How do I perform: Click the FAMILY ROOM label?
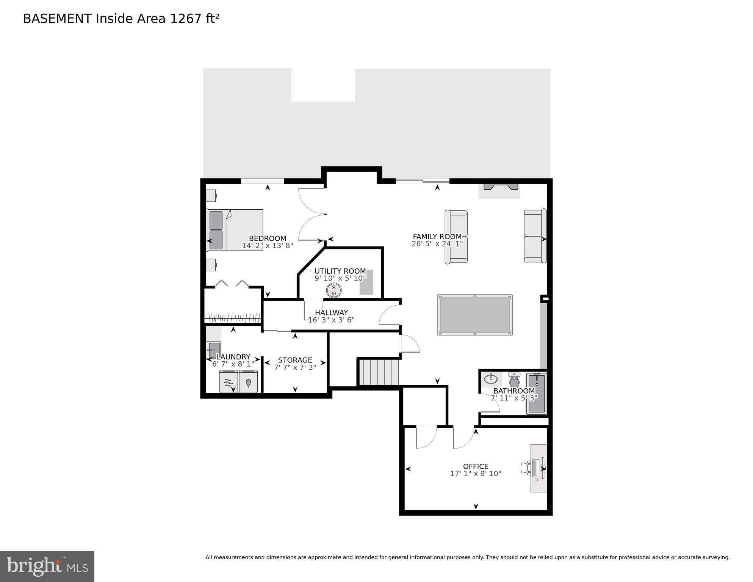(x=437, y=237)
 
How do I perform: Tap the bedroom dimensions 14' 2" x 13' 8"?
(x=268, y=246)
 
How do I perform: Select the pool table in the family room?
(x=474, y=315)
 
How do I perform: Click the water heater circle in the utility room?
(x=333, y=290)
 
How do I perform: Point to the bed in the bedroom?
(x=235, y=230)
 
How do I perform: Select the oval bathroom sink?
(x=491, y=378)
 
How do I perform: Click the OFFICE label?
(x=476, y=466)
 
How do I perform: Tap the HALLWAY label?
(x=331, y=312)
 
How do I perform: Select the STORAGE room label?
(x=295, y=360)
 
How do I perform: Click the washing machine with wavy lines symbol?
(x=229, y=381)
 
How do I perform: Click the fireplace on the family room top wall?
(x=500, y=187)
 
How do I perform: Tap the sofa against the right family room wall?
(x=535, y=235)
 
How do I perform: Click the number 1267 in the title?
(x=186, y=19)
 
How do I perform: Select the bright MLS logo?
(x=47, y=566)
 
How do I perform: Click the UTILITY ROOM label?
(x=340, y=271)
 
